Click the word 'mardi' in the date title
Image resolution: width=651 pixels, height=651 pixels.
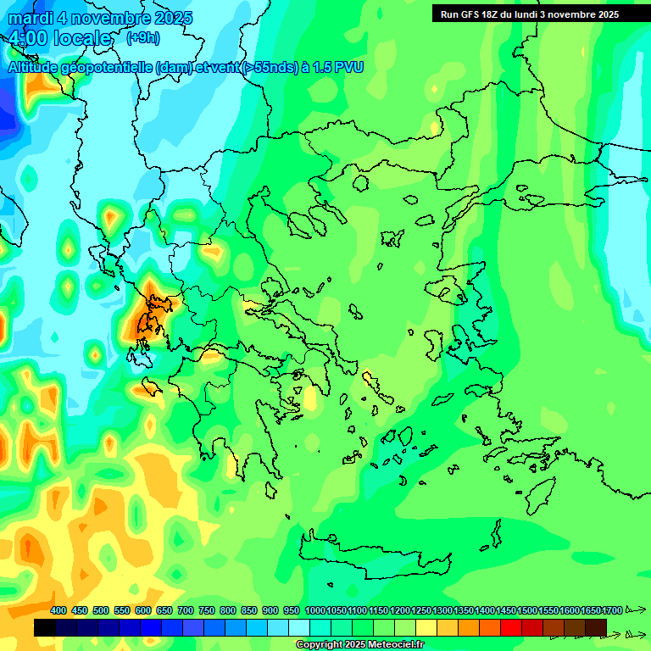tap(31, 18)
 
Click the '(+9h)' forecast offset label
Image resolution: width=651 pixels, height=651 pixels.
tap(142, 37)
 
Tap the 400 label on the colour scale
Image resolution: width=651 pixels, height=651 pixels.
tap(58, 610)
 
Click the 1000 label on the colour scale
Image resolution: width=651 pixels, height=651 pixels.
tap(314, 610)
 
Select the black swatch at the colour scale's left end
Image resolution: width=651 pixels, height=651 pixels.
tap(45, 627)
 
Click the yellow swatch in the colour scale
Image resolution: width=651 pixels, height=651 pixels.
tap(426, 627)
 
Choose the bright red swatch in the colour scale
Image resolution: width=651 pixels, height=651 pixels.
tap(511, 627)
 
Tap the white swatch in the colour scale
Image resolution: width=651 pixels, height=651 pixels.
tap(299, 627)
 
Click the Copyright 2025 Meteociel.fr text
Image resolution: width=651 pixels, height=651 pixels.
tap(359, 645)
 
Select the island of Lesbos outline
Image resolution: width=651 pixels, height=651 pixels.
tap(447, 289)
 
